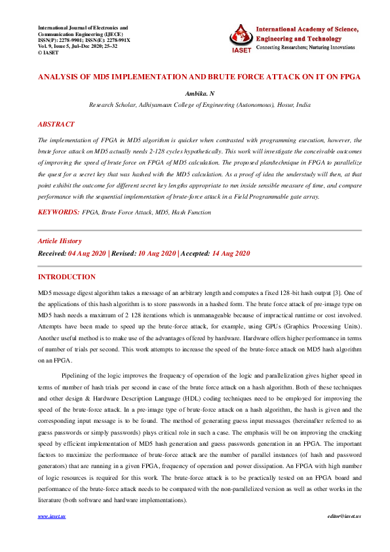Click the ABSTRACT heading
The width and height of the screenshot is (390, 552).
(x=56, y=124)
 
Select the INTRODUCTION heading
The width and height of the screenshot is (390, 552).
(x=67, y=277)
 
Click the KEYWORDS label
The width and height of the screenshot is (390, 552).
(x=58, y=212)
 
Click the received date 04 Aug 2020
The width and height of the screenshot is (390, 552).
(x=87, y=253)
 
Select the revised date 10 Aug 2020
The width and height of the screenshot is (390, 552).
(x=157, y=253)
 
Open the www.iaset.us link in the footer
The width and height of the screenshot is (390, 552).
(x=52, y=534)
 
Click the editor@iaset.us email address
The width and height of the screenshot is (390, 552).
(x=344, y=534)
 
